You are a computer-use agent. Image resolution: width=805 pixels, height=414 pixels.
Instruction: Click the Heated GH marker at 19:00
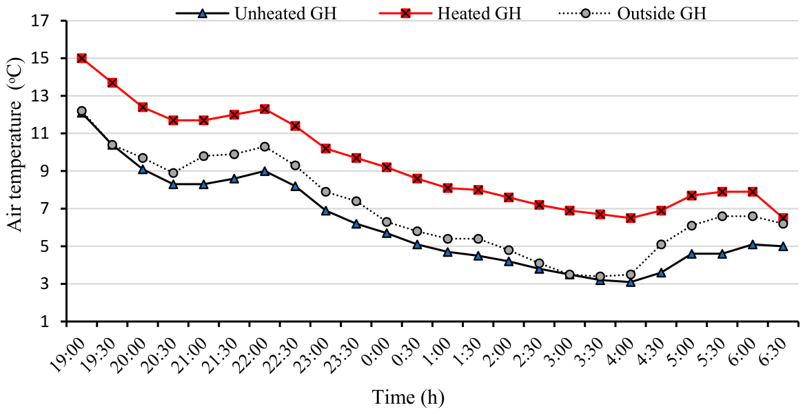tap(81, 58)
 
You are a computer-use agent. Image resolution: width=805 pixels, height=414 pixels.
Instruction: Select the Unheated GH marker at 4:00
tap(631, 282)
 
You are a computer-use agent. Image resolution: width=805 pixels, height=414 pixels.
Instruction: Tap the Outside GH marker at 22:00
tap(265, 146)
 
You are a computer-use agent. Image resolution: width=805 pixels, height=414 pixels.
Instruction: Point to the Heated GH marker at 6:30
tap(783, 218)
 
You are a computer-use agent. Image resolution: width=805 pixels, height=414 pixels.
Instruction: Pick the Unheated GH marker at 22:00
tap(265, 171)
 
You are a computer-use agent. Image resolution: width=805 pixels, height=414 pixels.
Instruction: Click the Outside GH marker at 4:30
tap(661, 244)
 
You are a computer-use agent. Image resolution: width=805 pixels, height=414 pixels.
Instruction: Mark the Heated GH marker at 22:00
tap(265, 109)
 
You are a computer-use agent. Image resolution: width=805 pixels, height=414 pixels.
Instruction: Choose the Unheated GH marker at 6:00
tap(753, 244)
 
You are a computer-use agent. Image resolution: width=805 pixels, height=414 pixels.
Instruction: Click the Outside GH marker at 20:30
tap(173, 172)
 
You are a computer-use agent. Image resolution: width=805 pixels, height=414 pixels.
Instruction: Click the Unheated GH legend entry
tap(256, 13)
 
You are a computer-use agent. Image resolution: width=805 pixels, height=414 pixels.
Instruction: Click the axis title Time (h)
tap(408, 397)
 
